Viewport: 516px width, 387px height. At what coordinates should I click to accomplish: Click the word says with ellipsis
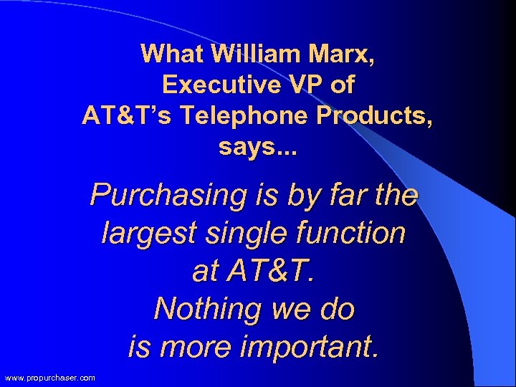[257, 149]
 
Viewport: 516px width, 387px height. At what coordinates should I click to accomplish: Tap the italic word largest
[147, 233]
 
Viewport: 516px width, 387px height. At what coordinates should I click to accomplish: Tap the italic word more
[197, 348]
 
